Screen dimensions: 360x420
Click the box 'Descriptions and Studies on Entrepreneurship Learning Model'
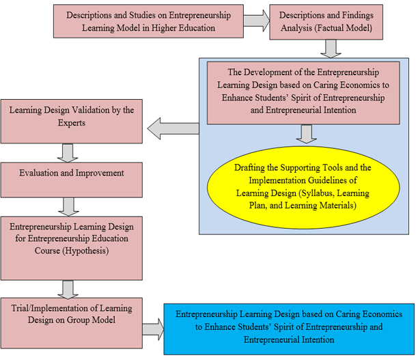pyautogui.click(x=148, y=21)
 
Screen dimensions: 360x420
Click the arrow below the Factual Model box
pyautogui.click(x=331, y=48)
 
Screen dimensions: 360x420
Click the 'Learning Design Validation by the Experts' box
pyautogui.click(x=72, y=115)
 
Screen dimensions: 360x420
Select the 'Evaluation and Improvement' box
pyautogui.click(x=72, y=174)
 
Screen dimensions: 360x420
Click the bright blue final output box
pyautogui.click(x=288, y=327)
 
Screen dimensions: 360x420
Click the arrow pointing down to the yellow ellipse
pyautogui.click(x=309, y=133)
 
